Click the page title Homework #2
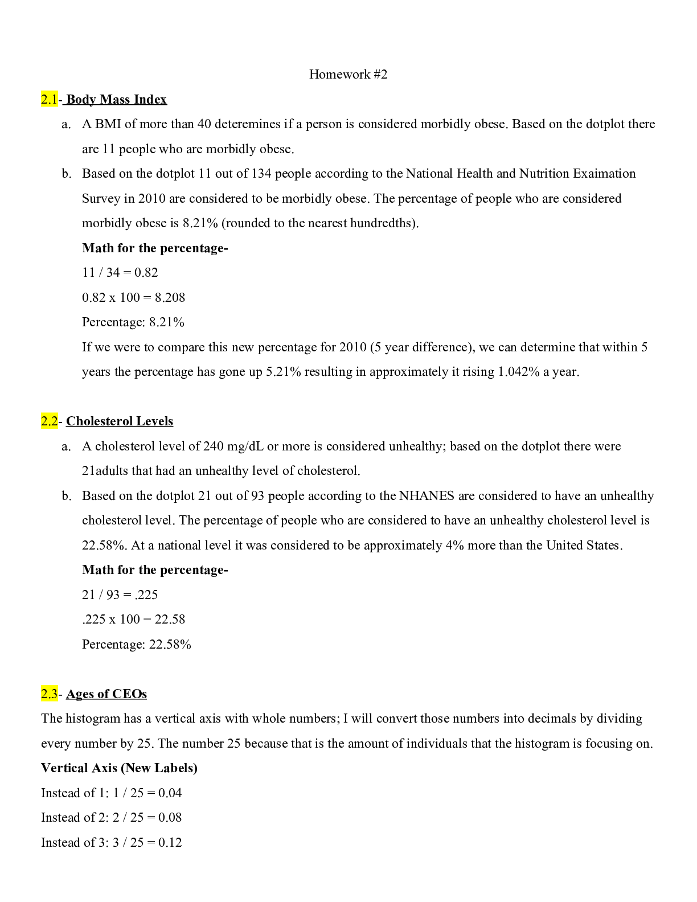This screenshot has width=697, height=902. click(x=348, y=75)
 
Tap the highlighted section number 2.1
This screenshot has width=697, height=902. click(x=49, y=100)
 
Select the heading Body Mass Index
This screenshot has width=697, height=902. click(x=116, y=100)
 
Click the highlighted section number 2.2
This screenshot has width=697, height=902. click(x=49, y=421)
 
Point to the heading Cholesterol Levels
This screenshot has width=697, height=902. click(x=120, y=421)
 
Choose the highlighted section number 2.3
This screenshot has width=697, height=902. click(x=49, y=694)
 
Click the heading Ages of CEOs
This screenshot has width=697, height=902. click(x=106, y=694)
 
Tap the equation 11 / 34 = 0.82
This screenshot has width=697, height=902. click(x=120, y=273)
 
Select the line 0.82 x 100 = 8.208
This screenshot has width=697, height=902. click(x=133, y=298)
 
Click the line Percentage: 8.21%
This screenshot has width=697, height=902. click(x=133, y=322)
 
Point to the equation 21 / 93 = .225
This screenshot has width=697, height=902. click(x=120, y=595)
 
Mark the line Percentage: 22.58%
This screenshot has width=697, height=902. click(x=137, y=645)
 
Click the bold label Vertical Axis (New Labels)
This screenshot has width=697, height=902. click(x=119, y=768)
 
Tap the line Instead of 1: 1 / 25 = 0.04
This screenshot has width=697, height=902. click(x=112, y=793)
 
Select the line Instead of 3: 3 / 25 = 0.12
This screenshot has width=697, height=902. click(x=112, y=843)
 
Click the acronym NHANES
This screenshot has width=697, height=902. click(x=427, y=496)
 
